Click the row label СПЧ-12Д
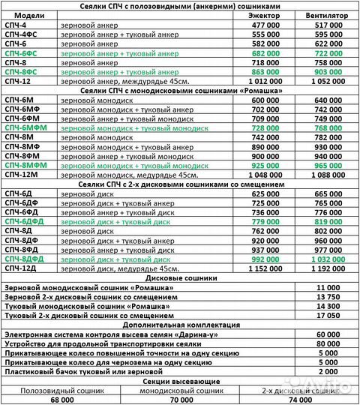[19, 268]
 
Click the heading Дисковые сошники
[180, 278]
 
